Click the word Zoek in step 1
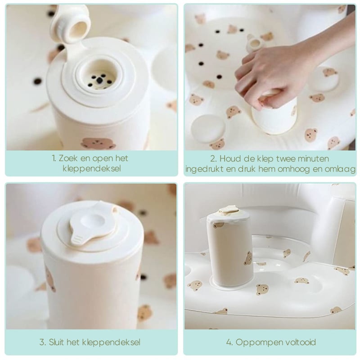coord(67,158)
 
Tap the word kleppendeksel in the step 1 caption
coord(92,168)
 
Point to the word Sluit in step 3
coord(56,342)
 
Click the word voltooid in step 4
coord(301,342)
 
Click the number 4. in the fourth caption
coord(229,342)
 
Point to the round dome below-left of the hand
coord(208,129)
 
